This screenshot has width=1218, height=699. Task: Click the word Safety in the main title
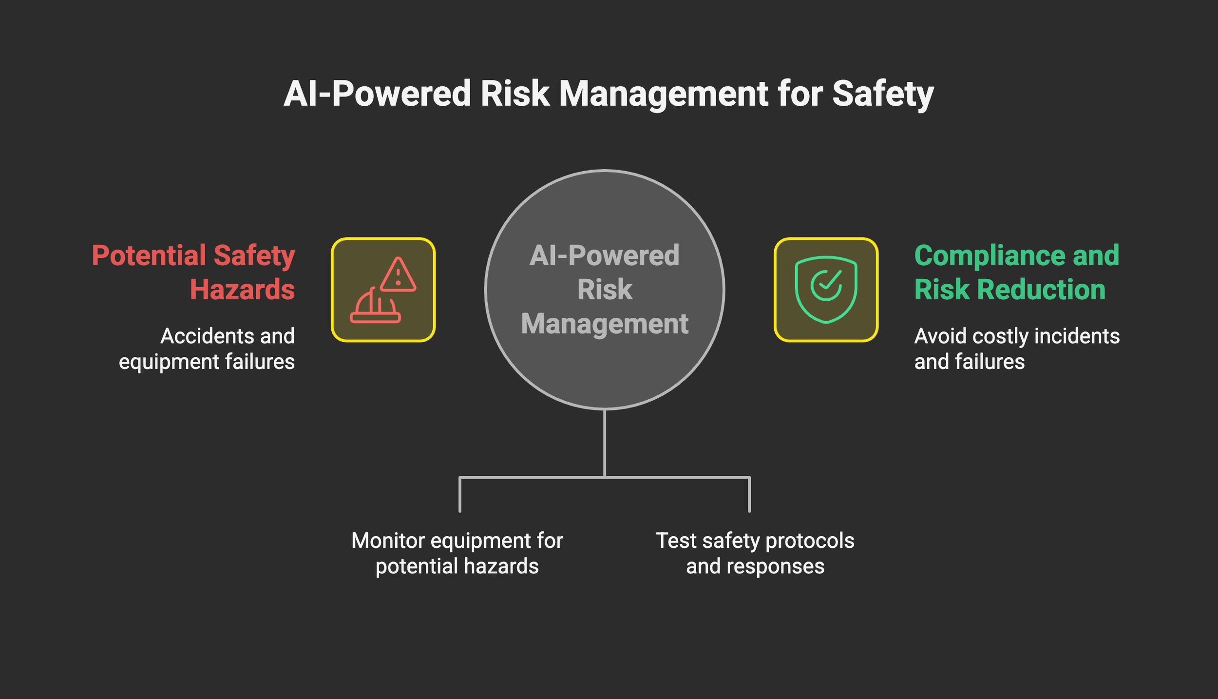882,94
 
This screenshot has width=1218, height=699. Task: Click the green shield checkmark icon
826,290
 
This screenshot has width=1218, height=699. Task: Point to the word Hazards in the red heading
242,290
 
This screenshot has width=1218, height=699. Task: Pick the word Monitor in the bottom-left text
388,541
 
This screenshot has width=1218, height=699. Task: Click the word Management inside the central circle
605,324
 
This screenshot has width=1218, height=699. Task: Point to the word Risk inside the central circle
605,290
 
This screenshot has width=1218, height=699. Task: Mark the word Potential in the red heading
149,255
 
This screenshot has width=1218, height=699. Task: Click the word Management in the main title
663,94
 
